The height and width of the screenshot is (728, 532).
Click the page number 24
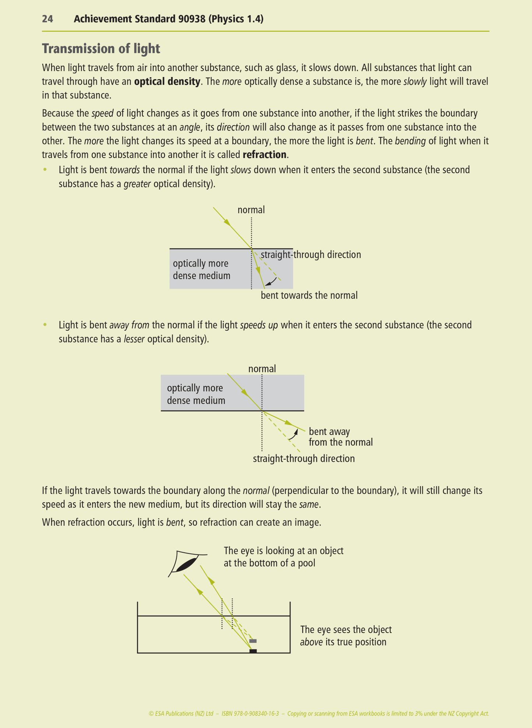[47, 19]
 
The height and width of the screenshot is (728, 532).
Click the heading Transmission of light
[101, 49]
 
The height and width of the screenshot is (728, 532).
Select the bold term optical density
[167, 81]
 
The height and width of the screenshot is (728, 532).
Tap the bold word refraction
[264, 155]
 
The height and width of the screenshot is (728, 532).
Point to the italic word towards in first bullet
[124, 170]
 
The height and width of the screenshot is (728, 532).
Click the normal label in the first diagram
[251, 210]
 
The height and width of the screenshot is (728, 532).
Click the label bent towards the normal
[309, 295]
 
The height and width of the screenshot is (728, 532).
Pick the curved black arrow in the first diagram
[271, 282]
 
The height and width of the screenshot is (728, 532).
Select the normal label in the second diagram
[262, 369]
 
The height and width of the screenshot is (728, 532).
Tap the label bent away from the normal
[340, 437]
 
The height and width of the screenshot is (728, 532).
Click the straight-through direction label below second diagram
[304, 458]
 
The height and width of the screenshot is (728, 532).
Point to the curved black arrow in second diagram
[293, 435]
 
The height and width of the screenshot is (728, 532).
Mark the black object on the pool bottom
[253, 651]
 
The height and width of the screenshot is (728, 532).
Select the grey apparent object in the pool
[253, 641]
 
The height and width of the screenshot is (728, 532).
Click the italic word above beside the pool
[311, 642]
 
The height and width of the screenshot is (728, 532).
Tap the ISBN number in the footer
[250, 713]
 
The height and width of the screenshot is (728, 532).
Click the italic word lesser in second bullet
[134, 339]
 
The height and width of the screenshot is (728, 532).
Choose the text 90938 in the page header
[192, 19]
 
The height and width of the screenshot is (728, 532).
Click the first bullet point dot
[45, 170]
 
